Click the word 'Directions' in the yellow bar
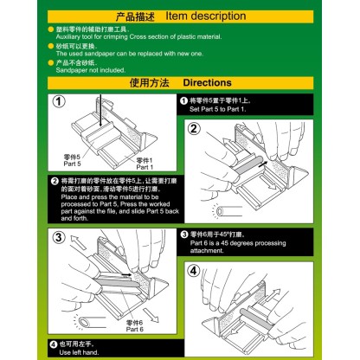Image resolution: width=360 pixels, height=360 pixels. [x=207, y=82]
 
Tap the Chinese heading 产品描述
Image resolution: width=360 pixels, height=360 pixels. [x=132, y=15]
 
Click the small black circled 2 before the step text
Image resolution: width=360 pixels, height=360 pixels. [x=55, y=181]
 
